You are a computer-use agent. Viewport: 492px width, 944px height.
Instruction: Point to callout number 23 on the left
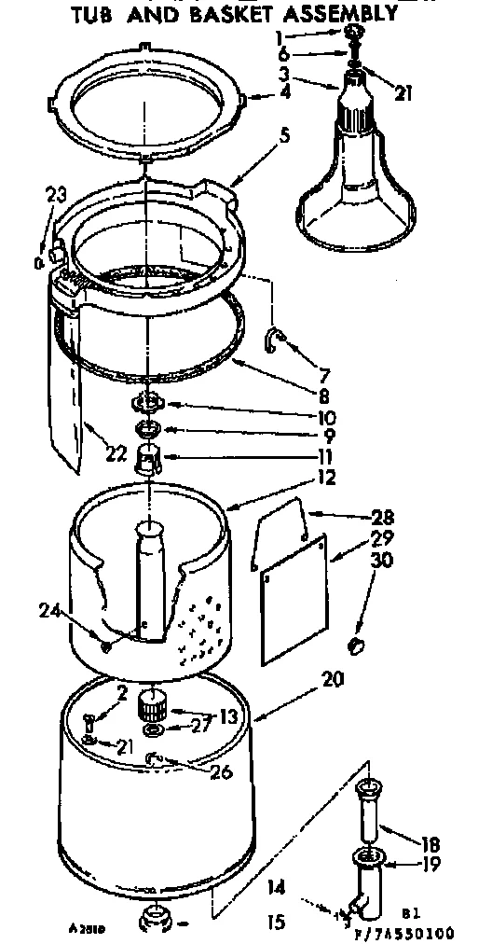click(57, 195)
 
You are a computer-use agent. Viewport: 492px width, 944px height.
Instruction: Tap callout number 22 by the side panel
click(116, 453)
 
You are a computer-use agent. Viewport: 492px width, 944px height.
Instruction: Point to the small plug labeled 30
click(354, 646)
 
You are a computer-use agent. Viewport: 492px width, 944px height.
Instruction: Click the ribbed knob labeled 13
click(152, 703)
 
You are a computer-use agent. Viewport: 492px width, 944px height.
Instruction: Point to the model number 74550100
click(419, 929)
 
